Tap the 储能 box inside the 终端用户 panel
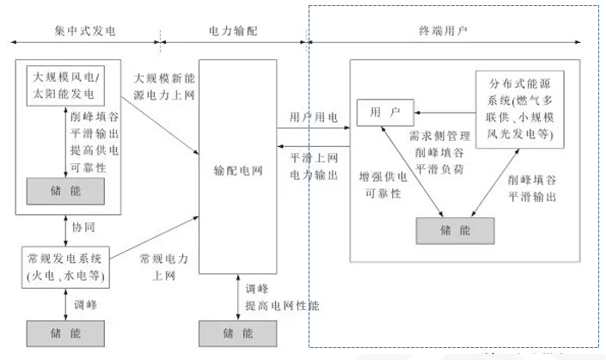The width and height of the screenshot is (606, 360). click(x=456, y=229)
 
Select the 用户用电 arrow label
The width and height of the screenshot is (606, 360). click(x=313, y=117)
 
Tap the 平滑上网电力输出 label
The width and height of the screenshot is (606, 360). click(x=313, y=166)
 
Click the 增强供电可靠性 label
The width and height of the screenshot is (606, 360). click(x=379, y=186)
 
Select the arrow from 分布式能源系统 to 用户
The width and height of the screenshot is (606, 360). click(x=445, y=110)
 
